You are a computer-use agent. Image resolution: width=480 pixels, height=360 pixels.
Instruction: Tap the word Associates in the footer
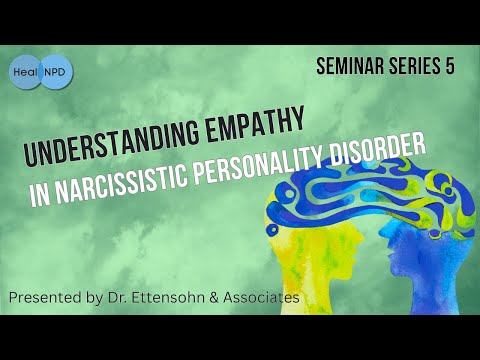261,297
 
